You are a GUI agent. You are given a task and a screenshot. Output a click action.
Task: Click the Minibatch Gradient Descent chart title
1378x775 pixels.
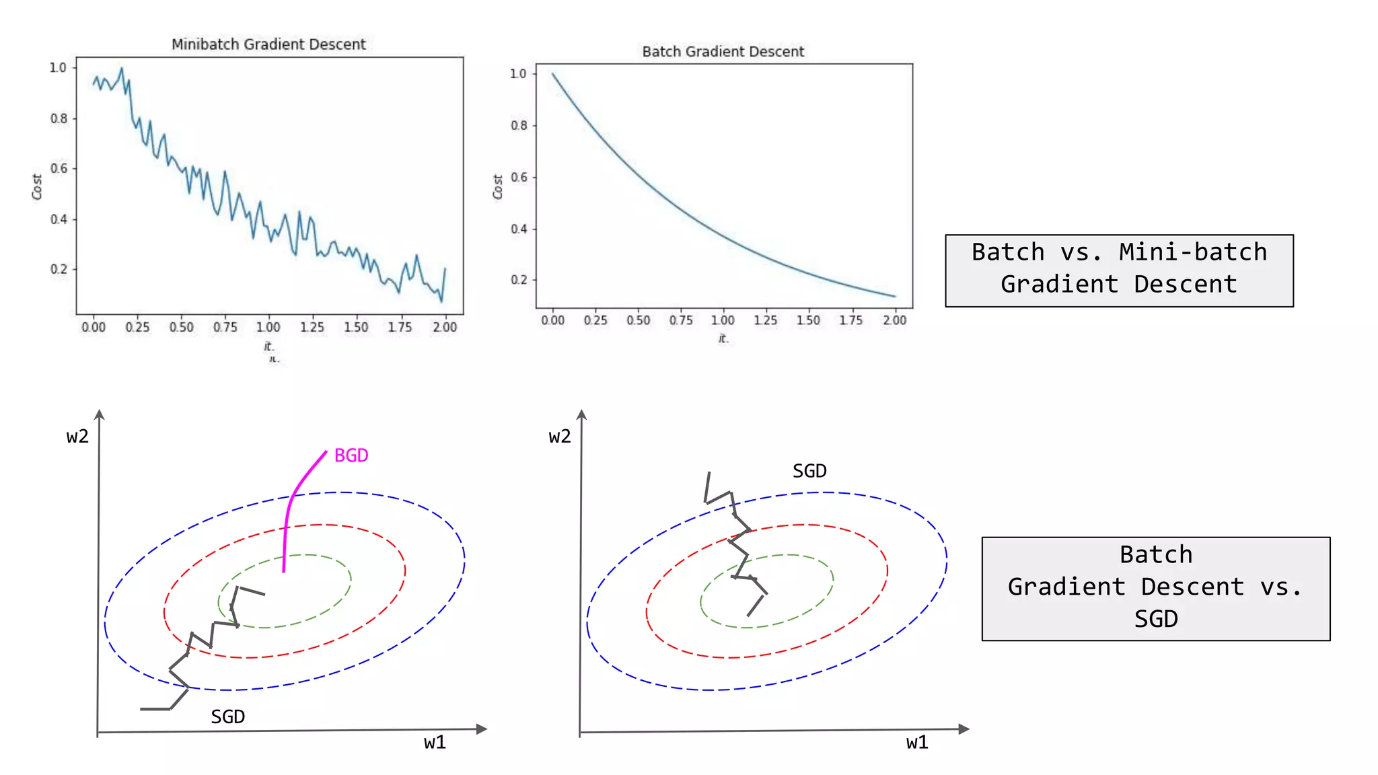click(x=268, y=44)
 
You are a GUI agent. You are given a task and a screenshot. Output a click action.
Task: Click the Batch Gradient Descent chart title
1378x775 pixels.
click(x=723, y=52)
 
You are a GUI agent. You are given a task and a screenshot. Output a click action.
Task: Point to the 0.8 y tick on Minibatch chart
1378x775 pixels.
click(x=59, y=118)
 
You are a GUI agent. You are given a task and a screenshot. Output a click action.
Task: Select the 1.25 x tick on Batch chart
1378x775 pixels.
click(x=765, y=320)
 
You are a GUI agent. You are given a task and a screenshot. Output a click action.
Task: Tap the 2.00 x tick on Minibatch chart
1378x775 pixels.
click(x=445, y=327)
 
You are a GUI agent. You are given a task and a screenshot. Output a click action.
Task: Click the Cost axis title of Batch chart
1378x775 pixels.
click(x=498, y=187)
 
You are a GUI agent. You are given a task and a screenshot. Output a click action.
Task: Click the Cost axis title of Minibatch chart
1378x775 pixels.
click(x=37, y=187)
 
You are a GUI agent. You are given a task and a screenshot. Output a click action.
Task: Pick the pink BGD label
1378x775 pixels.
click(x=351, y=455)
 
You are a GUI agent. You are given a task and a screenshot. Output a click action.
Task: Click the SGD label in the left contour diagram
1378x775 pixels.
click(x=227, y=716)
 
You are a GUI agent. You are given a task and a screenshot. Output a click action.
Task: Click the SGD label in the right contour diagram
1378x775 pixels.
click(x=809, y=471)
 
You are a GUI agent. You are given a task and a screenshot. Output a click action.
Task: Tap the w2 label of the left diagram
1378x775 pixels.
click(x=77, y=437)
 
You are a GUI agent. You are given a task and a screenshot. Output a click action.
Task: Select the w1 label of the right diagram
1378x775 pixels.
click(x=917, y=742)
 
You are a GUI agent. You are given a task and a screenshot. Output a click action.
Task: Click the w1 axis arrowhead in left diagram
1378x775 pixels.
click(x=481, y=729)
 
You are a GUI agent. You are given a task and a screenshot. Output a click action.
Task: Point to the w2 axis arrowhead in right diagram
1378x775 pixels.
click(x=582, y=414)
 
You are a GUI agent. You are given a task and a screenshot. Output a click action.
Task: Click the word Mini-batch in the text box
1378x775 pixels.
click(x=1192, y=252)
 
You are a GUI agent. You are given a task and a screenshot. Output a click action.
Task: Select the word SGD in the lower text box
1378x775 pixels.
click(x=1155, y=618)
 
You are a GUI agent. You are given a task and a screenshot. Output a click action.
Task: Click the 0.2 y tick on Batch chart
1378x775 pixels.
click(x=519, y=280)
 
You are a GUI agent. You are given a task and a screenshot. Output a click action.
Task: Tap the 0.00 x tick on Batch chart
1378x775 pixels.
click(x=552, y=320)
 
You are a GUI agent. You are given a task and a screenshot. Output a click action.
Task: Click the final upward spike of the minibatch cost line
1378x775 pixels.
click(x=445, y=269)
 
